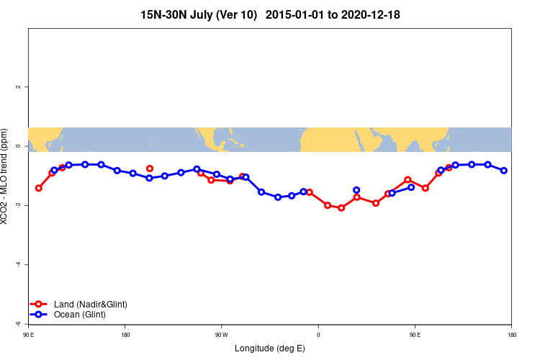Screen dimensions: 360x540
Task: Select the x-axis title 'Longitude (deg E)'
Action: click(270, 348)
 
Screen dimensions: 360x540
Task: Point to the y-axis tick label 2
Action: click(18, 86)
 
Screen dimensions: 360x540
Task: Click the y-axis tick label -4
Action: click(18, 264)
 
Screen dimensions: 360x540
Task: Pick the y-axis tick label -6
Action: click(18, 324)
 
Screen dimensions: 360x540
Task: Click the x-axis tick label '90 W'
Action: click(221, 335)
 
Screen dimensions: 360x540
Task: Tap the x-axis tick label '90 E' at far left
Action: click(28, 335)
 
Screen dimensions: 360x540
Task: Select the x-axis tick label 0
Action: click(318, 335)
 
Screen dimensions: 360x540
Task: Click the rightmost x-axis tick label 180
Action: click(511, 335)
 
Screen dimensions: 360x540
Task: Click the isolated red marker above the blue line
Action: click(150, 168)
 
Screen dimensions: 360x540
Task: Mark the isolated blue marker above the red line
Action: click(356, 190)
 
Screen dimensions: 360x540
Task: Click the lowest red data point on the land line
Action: click(341, 208)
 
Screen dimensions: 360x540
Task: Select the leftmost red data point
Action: click(38, 188)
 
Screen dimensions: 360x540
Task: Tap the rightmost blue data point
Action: click(504, 171)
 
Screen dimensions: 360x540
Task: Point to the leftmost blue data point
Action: click(54, 170)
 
